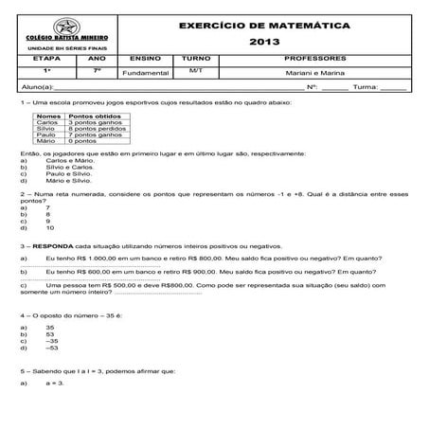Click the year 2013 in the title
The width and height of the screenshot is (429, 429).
point(264,43)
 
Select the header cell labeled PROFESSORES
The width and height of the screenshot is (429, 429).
point(322,59)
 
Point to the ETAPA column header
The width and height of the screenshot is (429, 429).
point(45,59)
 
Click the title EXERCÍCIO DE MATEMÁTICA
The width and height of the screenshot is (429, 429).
point(264,25)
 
